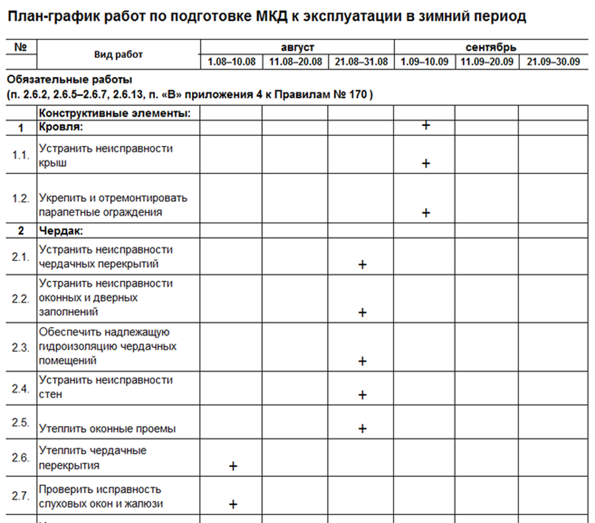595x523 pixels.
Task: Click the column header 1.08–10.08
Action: pyautogui.click(x=232, y=62)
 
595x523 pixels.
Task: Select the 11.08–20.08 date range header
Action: pyautogui.click(x=296, y=62)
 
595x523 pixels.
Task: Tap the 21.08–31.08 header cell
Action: pyautogui.click(x=361, y=62)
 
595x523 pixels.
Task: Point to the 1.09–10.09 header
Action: pyautogui.click(x=425, y=62)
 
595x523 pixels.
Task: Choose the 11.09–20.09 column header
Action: pyautogui.click(x=486, y=62)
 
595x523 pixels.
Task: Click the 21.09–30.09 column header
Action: pyautogui.click(x=553, y=62)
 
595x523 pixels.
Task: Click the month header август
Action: pyautogui.click(x=297, y=48)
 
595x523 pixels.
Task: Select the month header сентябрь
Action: pyautogui.click(x=491, y=48)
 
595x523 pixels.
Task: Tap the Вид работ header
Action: pyautogui.click(x=118, y=55)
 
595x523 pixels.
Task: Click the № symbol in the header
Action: pyautogui.click(x=21, y=47)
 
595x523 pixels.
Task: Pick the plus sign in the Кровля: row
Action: pyautogui.click(x=426, y=125)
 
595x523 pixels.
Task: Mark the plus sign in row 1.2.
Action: pyautogui.click(x=426, y=212)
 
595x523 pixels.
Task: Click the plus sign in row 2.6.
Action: pyautogui.click(x=232, y=466)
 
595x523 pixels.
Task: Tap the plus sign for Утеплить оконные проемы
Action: pyautogui.click(x=363, y=429)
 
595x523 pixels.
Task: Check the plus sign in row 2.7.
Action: pyautogui.click(x=232, y=504)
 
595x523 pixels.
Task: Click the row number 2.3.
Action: pyautogui.click(x=21, y=347)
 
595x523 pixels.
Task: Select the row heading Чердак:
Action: pyautogui.click(x=61, y=231)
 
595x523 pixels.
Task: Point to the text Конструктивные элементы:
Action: pyautogui.click(x=114, y=113)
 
